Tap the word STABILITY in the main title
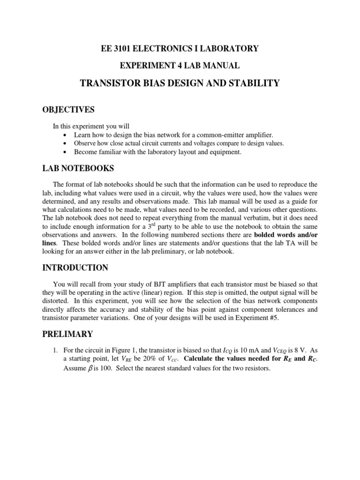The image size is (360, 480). point(254,83)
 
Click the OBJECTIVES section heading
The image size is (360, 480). point(73,110)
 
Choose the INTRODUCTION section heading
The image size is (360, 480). point(80,268)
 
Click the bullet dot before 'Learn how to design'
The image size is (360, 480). point(64,135)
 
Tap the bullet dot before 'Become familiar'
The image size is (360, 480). point(64,152)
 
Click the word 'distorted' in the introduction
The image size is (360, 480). point(66,301)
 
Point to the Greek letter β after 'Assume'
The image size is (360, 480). point(92,368)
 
